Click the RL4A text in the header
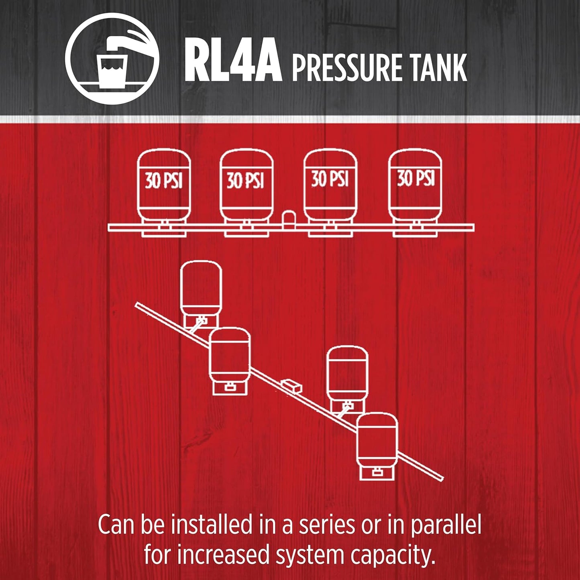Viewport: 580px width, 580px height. tap(233, 62)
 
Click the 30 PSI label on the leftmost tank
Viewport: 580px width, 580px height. tap(164, 181)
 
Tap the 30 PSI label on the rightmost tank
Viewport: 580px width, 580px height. tap(416, 178)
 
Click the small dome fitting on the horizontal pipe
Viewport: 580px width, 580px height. tap(288, 220)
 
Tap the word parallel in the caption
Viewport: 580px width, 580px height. tap(445, 525)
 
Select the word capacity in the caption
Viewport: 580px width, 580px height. tap(393, 556)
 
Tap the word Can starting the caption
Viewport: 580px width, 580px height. tap(116, 525)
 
